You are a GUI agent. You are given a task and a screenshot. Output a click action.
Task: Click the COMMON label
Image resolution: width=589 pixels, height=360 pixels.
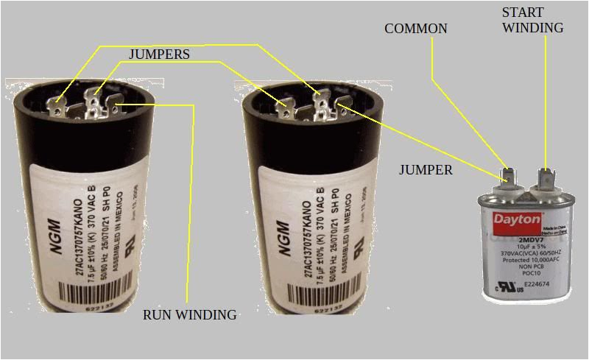click(x=416, y=29)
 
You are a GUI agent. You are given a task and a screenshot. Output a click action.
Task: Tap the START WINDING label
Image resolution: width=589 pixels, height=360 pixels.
click(x=533, y=20)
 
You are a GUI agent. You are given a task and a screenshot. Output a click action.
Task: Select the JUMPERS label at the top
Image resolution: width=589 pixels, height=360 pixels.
click(x=159, y=54)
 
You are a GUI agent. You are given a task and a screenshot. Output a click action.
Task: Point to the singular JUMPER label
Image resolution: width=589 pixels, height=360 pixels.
click(x=426, y=170)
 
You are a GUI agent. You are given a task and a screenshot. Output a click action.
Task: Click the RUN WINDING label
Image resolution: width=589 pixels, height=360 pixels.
click(x=189, y=315)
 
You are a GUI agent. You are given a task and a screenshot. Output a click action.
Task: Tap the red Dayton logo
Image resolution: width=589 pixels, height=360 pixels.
click(x=517, y=219)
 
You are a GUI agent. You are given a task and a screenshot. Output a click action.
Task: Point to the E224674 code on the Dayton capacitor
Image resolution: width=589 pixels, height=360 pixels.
click(x=526, y=282)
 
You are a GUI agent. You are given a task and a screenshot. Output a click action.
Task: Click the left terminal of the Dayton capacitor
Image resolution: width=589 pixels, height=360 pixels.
click(x=507, y=177)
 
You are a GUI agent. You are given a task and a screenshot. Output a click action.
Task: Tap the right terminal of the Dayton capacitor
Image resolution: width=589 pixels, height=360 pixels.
click(x=546, y=177)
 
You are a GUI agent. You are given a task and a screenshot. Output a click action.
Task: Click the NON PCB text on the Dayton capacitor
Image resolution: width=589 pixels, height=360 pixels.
click(x=526, y=267)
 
